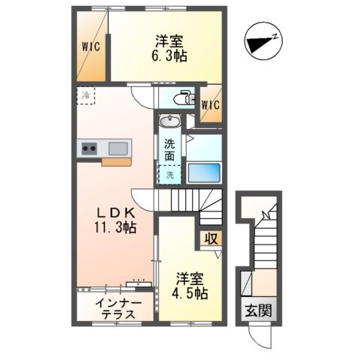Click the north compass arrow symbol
click(x=265, y=40)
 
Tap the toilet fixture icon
click(x=182, y=97)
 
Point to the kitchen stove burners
click(x=89, y=148)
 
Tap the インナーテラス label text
click(x=115, y=309)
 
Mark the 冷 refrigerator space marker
click(x=85, y=95)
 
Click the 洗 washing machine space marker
click(x=169, y=175)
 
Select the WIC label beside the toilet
click(x=210, y=104)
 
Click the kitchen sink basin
click(x=118, y=147)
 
